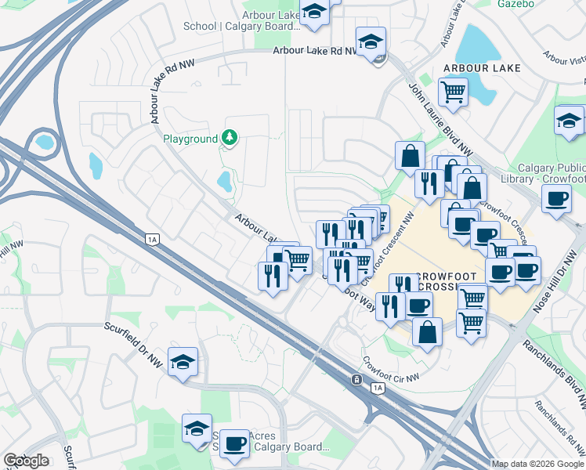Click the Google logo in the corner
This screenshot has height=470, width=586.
coord(26,461)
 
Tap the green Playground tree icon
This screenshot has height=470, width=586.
coord(229,139)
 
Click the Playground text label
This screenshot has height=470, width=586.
coord(190,139)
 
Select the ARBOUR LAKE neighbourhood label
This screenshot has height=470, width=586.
coord(482,69)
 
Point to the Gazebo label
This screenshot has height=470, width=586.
coord(515,4)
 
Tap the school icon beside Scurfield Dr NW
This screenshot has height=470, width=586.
coord(183,362)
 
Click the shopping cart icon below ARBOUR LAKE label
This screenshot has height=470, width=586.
coord(453,92)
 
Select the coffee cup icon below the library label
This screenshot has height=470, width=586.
coord(557,198)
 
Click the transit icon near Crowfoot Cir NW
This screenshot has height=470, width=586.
coord(356,379)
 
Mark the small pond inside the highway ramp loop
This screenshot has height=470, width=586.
coord(44,143)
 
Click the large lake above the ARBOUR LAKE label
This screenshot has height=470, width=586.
coord(475,43)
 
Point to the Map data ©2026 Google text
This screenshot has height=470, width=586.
coord(537,464)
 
